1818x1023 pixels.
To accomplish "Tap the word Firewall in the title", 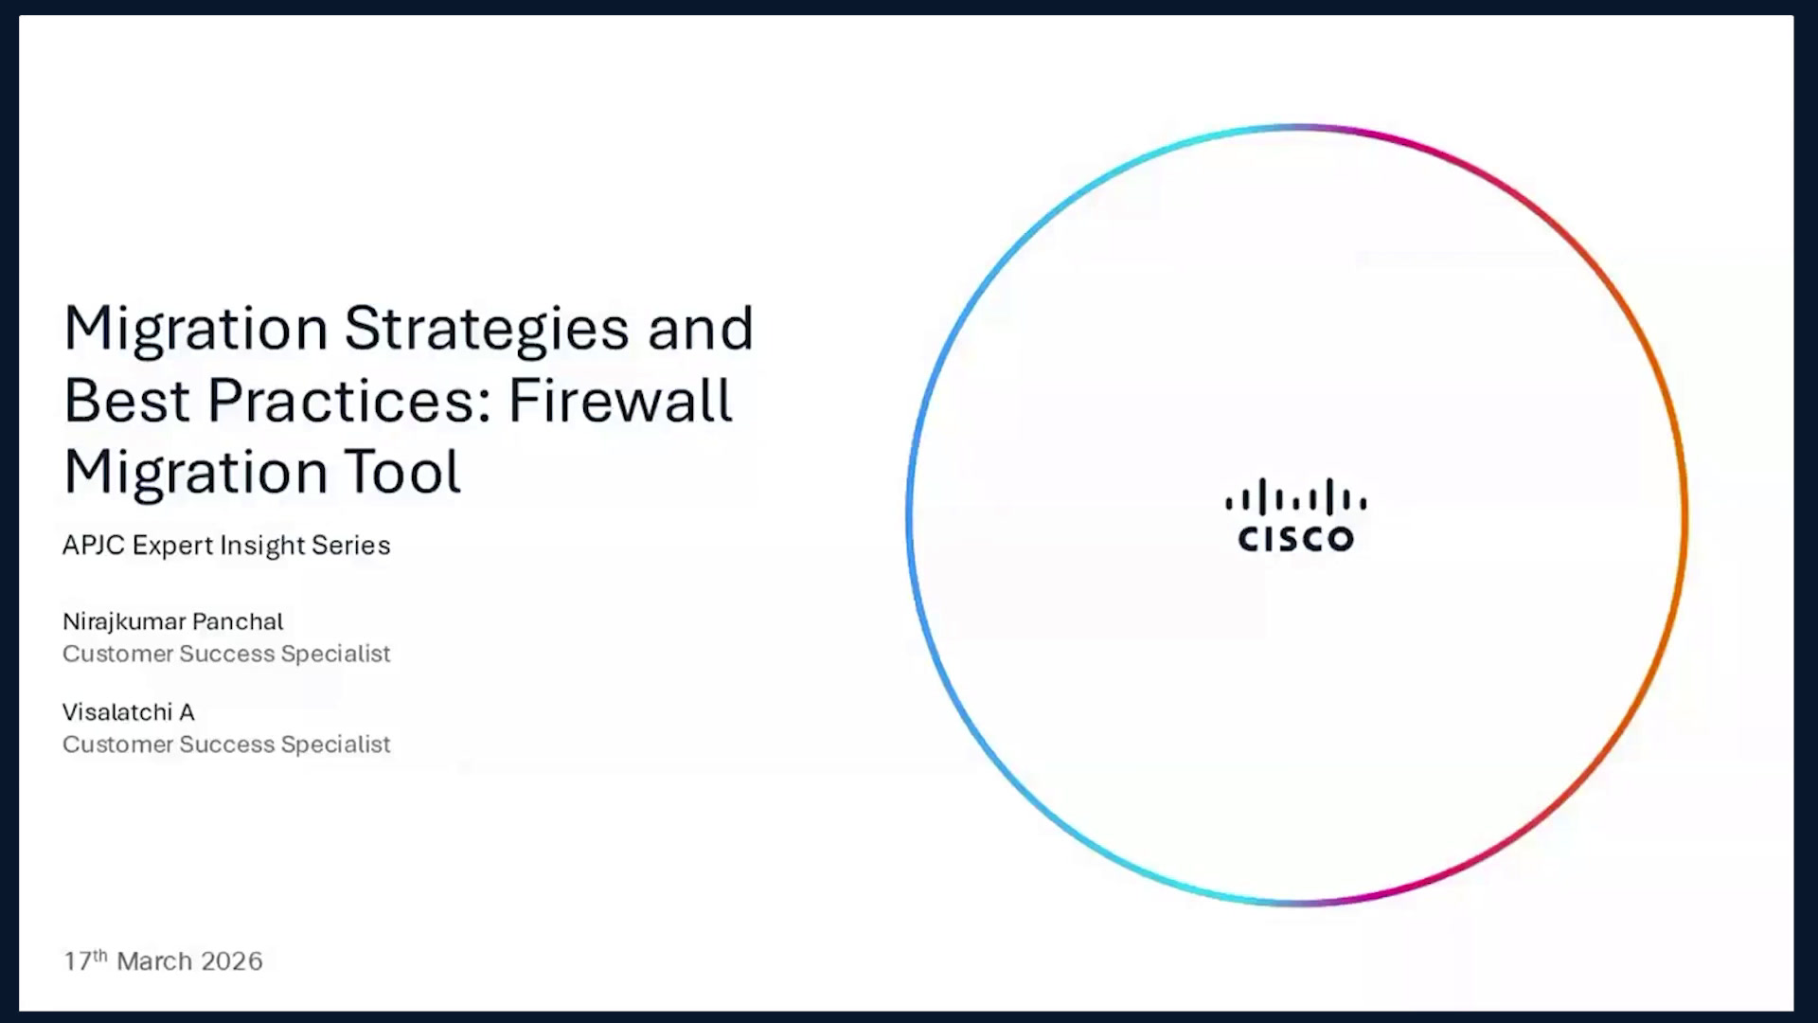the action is pos(620,399).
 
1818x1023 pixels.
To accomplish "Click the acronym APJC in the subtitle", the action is pos(94,546).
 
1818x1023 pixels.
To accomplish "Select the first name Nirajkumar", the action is pos(123,622).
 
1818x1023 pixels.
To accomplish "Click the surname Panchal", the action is pos(238,621).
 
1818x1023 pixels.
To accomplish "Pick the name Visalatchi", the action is pos(117,712).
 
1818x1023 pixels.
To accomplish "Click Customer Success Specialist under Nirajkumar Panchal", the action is pos(226,654).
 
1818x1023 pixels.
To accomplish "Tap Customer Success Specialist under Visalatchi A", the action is pos(226,745).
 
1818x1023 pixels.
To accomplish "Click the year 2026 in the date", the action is pos(232,961).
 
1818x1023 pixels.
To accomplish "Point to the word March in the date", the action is pos(154,961).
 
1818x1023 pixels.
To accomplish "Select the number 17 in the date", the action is pos(77,961).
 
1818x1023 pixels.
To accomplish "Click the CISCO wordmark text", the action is pos(1295,539).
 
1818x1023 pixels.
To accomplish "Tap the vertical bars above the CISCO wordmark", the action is pos(1295,496).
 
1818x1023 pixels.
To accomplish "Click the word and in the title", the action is pos(701,328).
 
